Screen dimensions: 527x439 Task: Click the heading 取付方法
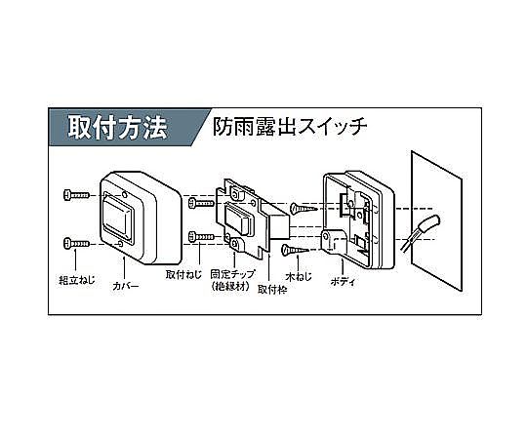coord(117,128)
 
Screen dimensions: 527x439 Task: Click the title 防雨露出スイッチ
coord(290,127)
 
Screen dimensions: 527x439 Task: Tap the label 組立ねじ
coord(77,280)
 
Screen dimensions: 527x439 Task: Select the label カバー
coord(125,286)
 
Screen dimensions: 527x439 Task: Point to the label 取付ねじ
coord(183,274)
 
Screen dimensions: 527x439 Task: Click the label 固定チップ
coord(232,274)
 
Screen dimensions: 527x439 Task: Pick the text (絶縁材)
coord(231,286)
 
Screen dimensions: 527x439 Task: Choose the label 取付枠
coord(272,289)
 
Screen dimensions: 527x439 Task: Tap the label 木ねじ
coord(299,277)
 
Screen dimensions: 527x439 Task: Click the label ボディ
coord(343,282)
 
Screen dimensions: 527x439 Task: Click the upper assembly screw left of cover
coord(76,195)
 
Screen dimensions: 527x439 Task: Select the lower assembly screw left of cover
coord(76,243)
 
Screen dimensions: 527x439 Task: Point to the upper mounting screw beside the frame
coord(201,203)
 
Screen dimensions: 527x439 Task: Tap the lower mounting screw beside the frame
coord(201,236)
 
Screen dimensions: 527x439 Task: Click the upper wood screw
coord(304,209)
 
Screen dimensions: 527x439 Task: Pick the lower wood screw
coord(295,250)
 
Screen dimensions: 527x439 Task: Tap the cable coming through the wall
coord(421,232)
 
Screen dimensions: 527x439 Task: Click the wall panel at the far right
coord(436,221)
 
